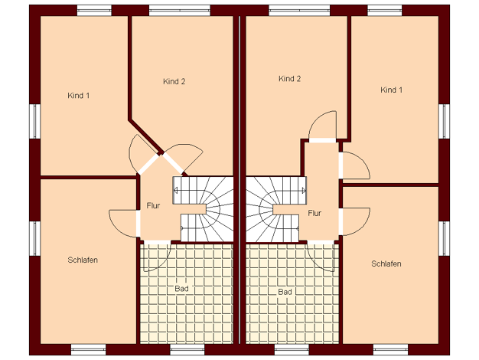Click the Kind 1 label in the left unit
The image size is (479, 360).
(x=79, y=96)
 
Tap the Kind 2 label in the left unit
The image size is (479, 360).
(x=174, y=81)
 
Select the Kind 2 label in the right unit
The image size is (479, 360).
(x=289, y=79)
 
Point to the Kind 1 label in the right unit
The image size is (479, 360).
(x=391, y=90)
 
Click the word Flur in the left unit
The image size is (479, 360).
(x=153, y=205)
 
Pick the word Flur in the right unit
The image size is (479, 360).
(x=314, y=213)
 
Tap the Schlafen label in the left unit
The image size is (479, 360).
(x=83, y=260)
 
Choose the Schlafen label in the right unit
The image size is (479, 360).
(x=386, y=263)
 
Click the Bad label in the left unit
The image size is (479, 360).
(x=181, y=289)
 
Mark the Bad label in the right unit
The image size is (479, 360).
(x=285, y=292)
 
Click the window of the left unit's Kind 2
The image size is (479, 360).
(x=180, y=11)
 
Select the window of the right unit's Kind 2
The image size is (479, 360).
(x=299, y=11)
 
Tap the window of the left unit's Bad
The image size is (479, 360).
(x=187, y=349)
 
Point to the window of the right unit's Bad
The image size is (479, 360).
(x=292, y=349)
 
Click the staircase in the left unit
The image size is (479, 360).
(x=203, y=209)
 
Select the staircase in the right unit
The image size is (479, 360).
(x=276, y=209)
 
